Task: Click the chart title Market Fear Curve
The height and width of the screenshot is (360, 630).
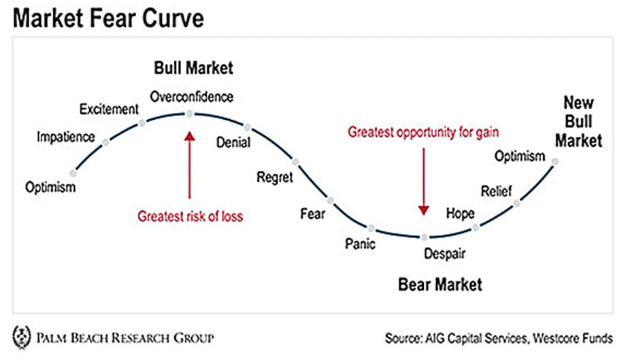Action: point(108,18)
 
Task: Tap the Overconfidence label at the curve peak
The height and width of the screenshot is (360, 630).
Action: point(192,97)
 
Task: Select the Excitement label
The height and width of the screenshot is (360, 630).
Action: point(109,109)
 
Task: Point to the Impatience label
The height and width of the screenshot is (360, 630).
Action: point(66,137)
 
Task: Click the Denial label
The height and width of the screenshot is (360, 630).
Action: point(233,142)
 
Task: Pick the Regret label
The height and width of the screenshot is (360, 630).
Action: point(275,177)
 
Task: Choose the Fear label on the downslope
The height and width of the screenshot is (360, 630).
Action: point(312,214)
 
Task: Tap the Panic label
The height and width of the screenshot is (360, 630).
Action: point(361,244)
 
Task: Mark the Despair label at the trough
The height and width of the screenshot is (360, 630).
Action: point(445,254)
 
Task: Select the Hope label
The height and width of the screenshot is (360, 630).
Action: point(461,214)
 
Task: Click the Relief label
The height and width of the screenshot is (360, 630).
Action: point(497,191)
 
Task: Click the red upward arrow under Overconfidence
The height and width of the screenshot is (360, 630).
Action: point(190,165)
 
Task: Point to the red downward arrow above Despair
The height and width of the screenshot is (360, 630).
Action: point(424,182)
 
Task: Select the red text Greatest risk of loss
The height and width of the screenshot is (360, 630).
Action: point(190,216)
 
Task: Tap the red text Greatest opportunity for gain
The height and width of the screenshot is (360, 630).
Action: point(423,132)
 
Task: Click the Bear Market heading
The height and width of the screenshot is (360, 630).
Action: point(440,284)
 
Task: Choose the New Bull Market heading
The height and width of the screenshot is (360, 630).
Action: point(578,122)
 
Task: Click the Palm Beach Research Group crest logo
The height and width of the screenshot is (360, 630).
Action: point(22,337)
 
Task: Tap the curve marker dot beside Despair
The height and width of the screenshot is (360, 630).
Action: point(425,237)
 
